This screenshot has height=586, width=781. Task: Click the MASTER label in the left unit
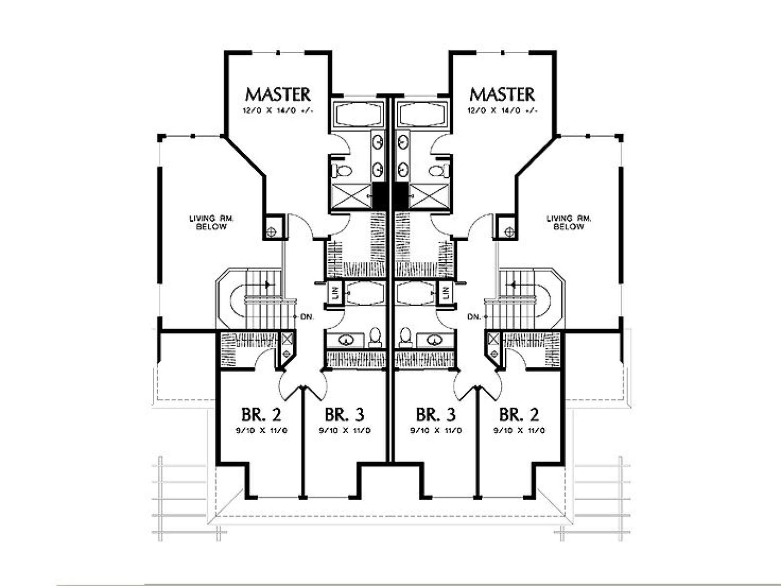tap(278, 94)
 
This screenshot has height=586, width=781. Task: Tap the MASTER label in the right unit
tap(502, 94)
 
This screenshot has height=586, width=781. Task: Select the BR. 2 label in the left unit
tap(262, 414)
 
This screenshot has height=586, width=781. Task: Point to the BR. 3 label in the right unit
tap(436, 414)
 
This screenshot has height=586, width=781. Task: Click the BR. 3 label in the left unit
tap(345, 414)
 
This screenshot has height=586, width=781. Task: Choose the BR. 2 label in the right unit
tap(519, 414)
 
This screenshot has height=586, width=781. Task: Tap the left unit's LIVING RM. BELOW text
tap(211, 222)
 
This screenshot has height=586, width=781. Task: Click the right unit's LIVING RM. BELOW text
tap(569, 222)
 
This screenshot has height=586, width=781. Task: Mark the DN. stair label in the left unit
tap(307, 316)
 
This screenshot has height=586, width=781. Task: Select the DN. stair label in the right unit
tap(474, 316)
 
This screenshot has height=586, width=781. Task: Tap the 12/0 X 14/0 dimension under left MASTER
tap(278, 111)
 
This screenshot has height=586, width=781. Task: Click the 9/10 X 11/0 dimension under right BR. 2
tap(519, 431)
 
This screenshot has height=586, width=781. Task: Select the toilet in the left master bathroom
tap(342, 171)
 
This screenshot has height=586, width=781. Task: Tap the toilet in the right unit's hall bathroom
tap(405, 337)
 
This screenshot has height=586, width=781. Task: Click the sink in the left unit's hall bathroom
tap(345, 340)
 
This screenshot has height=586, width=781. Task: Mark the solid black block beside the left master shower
tap(379, 196)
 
